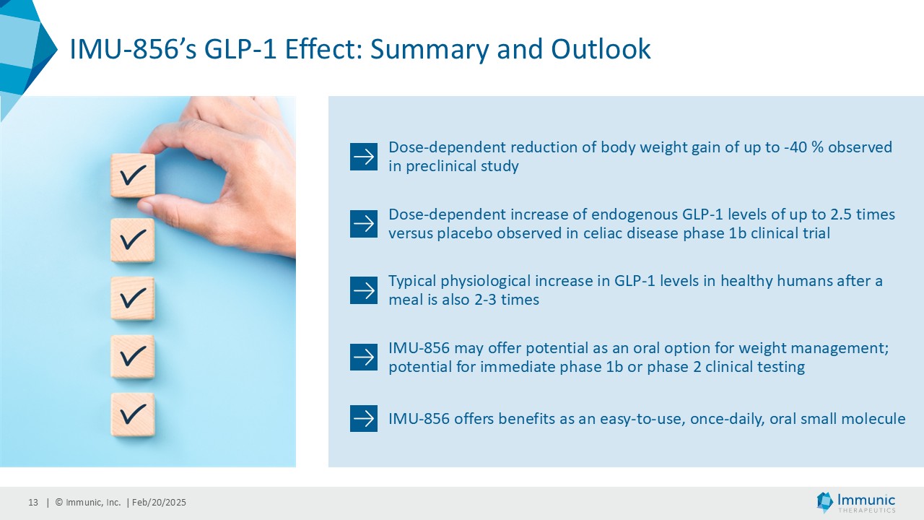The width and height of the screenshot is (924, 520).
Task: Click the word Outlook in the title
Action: pyautogui.click(x=601, y=49)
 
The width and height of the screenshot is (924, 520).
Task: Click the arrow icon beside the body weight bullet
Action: pyautogui.click(x=363, y=157)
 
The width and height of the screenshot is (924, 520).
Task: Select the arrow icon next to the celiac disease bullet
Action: pyautogui.click(x=363, y=224)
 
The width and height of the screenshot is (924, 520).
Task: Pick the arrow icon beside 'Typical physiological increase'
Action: pyautogui.click(x=363, y=290)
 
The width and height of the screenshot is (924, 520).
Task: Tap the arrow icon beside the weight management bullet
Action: pyautogui.click(x=363, y=357)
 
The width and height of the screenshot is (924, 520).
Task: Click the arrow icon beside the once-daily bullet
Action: pyautogui.click(x=363, y=418)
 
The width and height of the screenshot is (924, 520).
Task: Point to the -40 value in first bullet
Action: pyautogui.click(x=795, y=147)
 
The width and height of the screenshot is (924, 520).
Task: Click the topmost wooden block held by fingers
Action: pyautogui.click(x=133, y=175)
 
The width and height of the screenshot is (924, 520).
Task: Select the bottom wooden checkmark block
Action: pyautogui.click(x=133, y=415)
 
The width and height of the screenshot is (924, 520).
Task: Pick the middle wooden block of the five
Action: pyautogui.click(x=133, y=298)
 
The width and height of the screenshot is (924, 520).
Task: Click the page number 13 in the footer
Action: pyautogui.click(x=33, y=502)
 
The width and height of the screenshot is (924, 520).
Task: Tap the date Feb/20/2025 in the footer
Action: pyautogui.click(x=159, y=502)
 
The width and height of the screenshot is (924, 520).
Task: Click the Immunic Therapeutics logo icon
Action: pyautogui.click(x=824, y=502)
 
